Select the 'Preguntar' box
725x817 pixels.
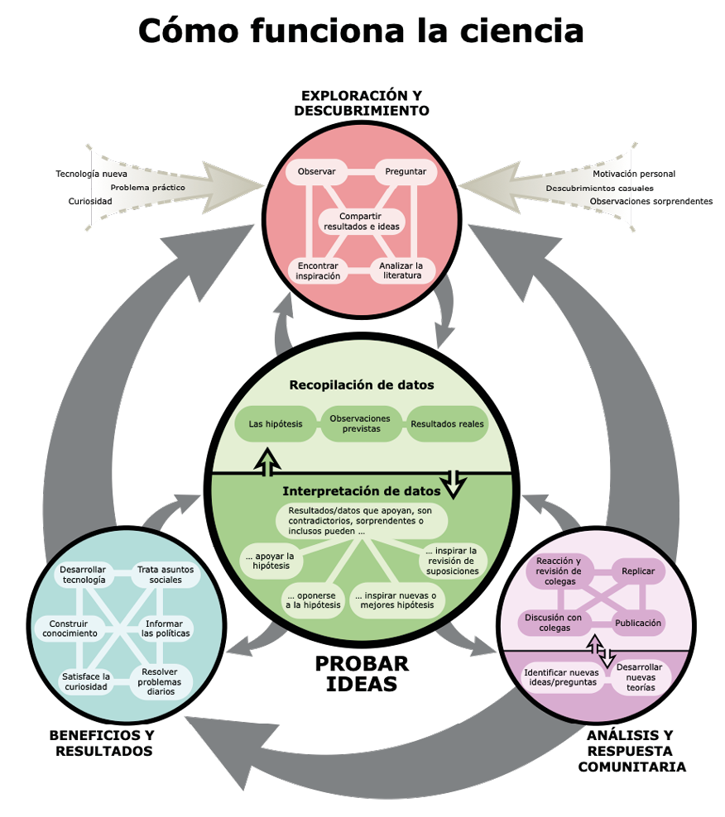click(x=406, y=172)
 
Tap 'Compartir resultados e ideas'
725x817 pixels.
click(x=360, y=221)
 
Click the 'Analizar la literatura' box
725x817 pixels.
click(x=401, y=271)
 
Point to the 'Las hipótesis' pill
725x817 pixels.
click(x=275, y=425)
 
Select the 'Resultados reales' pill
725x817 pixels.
click(x=447, y=425)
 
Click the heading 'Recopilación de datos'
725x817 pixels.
click(x=362, y=385)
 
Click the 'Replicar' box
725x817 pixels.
click(x=637, y=571)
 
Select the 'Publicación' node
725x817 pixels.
click(x=637, y=623)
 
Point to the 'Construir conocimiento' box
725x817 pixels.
click(x=74, y=628)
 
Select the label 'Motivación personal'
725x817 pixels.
click(x=634, y=174)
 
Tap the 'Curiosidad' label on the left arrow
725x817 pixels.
click(x=89, y=201)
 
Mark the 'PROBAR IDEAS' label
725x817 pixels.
click(x=362, y=674)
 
